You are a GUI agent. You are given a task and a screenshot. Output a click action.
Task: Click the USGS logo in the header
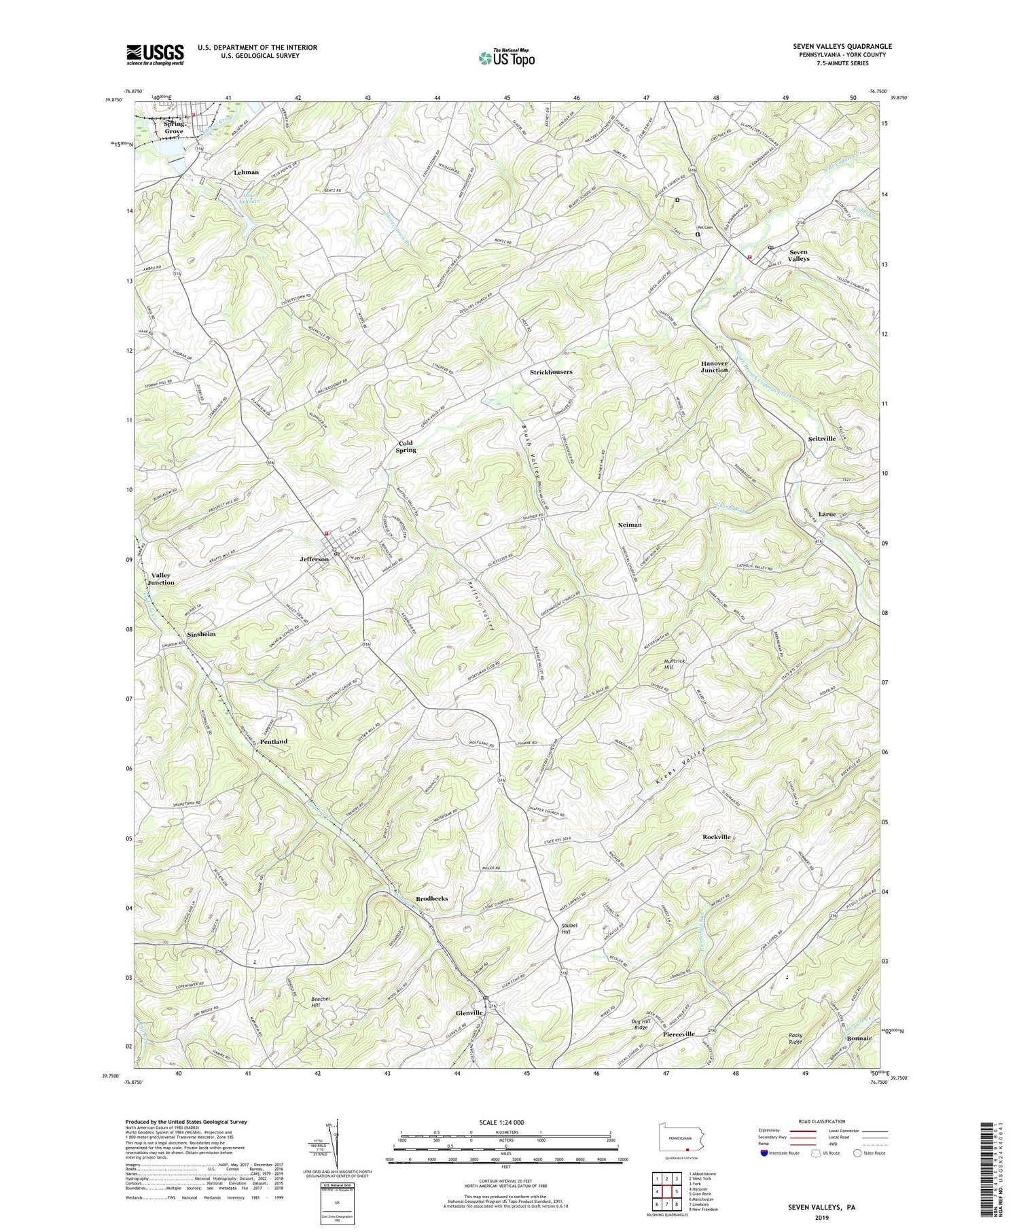(155, 54)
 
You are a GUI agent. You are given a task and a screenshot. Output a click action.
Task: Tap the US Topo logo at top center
(505, 58)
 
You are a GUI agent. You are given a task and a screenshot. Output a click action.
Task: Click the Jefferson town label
(315, 559)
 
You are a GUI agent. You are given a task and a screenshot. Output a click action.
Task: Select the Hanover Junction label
(714, 367)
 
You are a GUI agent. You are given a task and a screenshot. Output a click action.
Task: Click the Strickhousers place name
(551, 372)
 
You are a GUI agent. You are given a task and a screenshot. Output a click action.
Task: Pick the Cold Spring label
(406, 446)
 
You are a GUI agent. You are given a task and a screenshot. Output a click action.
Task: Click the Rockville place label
(717, 837)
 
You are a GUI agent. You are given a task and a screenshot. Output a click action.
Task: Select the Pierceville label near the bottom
(679, 1034)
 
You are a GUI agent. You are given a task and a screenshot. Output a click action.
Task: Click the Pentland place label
(274, 741)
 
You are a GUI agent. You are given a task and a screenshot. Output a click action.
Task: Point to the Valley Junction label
(161, 578)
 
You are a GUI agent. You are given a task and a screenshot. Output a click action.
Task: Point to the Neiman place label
(630, 525)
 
